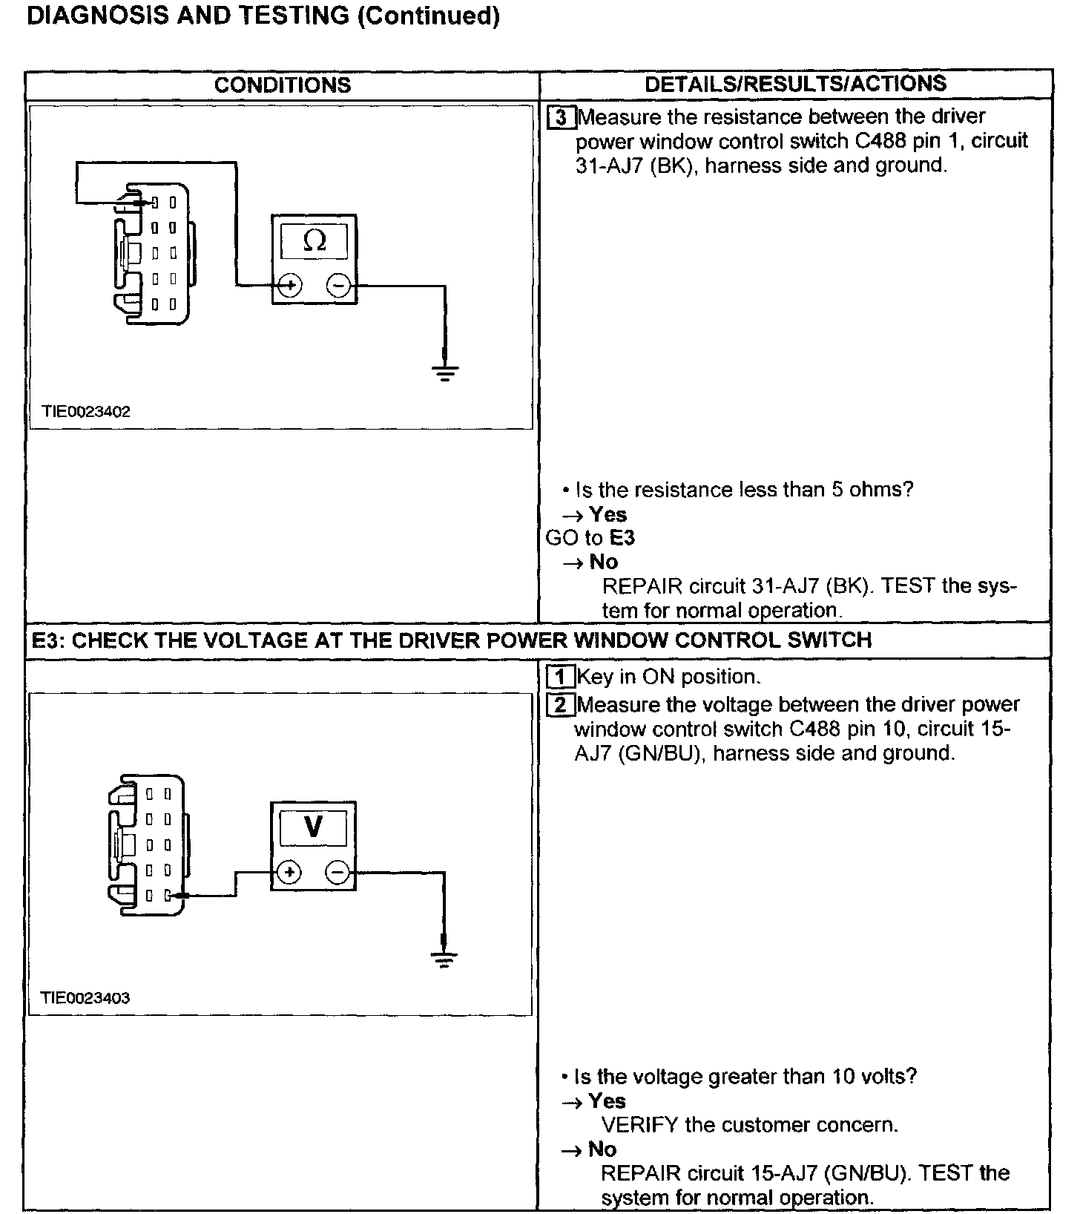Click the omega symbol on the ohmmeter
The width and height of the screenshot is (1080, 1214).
point(315,240)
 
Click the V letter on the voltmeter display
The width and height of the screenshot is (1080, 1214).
point(313,826)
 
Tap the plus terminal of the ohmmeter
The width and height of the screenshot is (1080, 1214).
point(290,285)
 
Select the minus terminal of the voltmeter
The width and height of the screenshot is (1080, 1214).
point(337,872)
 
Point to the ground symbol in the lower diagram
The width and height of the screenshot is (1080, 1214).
point(444,959)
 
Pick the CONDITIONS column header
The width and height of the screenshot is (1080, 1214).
point(283,85)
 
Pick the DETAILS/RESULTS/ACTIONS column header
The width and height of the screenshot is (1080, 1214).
point(795,84)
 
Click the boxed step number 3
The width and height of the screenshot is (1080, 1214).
point(562,118)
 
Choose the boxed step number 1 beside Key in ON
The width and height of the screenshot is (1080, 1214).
point(561,677)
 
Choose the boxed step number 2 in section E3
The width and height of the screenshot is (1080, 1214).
point(561,705)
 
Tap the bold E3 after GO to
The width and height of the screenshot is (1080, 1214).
point(622,538)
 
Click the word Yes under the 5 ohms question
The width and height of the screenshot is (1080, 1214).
point(607,514)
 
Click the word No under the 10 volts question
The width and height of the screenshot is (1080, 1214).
point(602,1149)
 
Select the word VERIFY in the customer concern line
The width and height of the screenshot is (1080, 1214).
point(639,1125)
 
